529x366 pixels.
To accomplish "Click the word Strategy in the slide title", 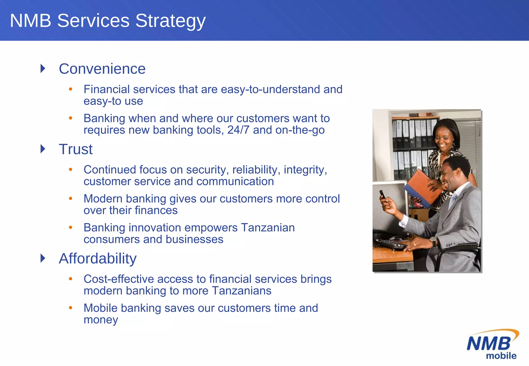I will [170, 21].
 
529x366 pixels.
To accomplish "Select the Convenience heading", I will [102, 69].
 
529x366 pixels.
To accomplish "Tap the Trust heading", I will [75, 149].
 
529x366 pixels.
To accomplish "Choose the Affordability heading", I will [98, 258].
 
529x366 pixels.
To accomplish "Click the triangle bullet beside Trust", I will [43, 149].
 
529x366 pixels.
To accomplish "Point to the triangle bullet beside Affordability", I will [43, 258].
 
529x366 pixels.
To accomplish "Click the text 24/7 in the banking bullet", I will [238, 130].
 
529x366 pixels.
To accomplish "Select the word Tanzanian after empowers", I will [268, 228].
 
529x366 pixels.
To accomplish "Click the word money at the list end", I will [101, 320].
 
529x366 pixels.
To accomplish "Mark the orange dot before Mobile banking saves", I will [71, 307].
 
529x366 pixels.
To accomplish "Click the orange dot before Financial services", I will [71, 89].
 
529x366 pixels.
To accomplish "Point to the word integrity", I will [305, 170].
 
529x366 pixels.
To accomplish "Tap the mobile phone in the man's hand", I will [382, 194].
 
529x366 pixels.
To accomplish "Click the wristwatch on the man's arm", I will [433, 241].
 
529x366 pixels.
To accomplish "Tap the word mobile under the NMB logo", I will [501, 356].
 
